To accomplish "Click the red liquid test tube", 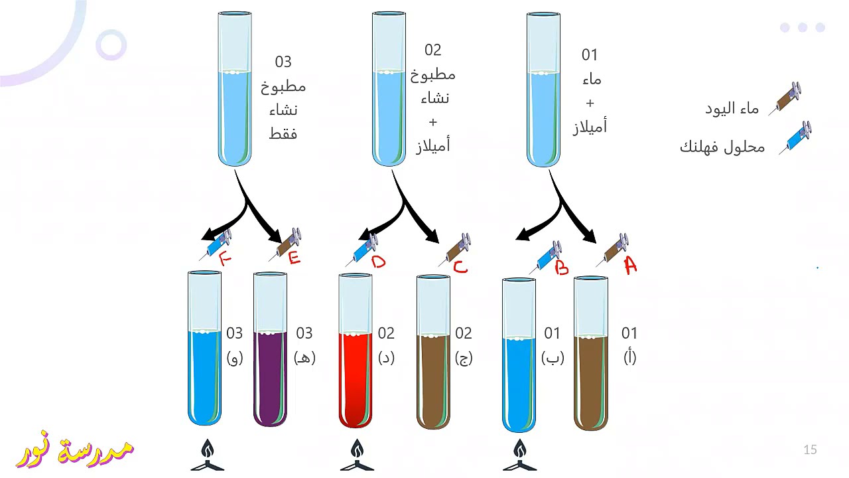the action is click(x=355, y=351).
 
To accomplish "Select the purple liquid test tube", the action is click(x=270, y=349).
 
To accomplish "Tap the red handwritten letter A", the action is click(x=630, y=265).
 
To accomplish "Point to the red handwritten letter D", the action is click(x=378, y=262).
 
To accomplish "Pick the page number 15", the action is click(x=810, y=449).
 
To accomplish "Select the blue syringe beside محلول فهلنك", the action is click(x=795, y=137).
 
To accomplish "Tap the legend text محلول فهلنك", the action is click(x=722, y=147).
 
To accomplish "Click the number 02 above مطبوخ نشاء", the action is click(x=433, y=50).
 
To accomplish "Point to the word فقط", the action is click(x=283, y=133).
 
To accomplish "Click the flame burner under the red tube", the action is click(x=357, y=455).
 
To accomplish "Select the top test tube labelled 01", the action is click(x=543, y=90).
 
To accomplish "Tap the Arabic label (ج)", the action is click(x=464, y=358).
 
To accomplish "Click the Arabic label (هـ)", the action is click(x=304, y=357).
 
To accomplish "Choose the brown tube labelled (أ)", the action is click(x=590, y=353).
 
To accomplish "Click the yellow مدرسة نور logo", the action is click(x=75, y=450).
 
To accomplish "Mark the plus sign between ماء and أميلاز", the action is click(x=590, y=103).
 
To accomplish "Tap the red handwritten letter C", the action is click(x=460, y=267).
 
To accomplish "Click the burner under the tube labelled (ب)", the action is click(x=519, y=455).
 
